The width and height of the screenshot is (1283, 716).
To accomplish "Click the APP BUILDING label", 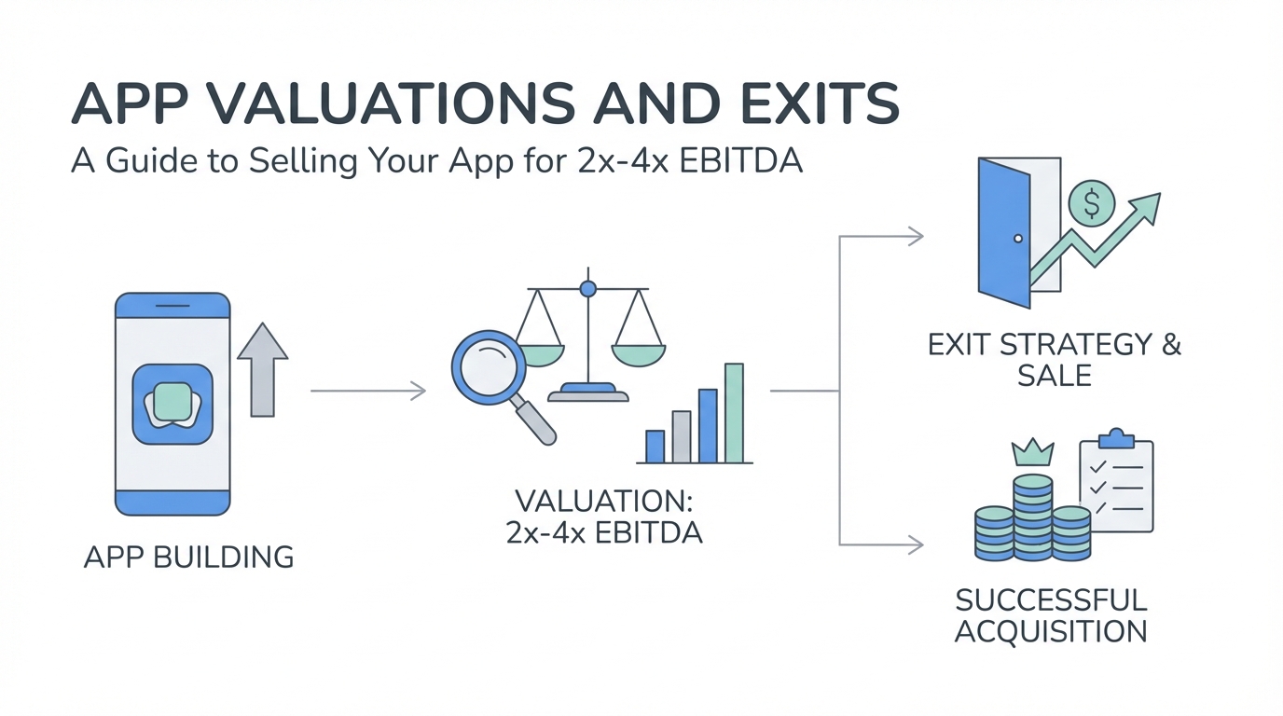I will (x=188, y=558).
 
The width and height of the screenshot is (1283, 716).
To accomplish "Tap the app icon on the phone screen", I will (x=172, y=404).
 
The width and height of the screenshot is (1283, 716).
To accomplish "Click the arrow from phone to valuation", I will (x=367, y=391).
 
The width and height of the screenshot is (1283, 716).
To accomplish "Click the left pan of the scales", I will (x=539, y=355).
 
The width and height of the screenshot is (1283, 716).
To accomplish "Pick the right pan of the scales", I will (x=639, y=353).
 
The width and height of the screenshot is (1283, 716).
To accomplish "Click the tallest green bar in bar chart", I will (x=734, y=413).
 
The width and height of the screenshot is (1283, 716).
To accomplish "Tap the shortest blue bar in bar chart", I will (x=655, y=447).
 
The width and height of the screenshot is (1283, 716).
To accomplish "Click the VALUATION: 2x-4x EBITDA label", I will (x=603, y=516).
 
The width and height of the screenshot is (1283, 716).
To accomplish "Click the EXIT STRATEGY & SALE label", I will (x=1055, y=359).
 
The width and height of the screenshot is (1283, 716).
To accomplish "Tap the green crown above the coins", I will (x=1032, y=453).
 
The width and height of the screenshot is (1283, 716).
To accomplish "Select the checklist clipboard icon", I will (x=1116, y=484).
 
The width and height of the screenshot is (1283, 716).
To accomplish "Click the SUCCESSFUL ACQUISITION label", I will (x=1050, y=614).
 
